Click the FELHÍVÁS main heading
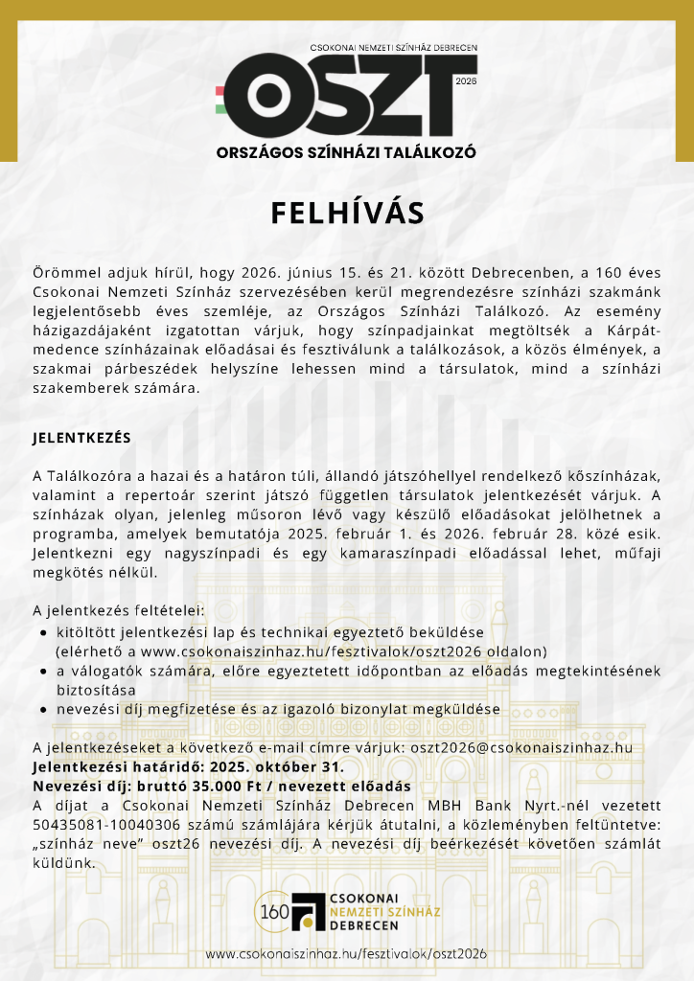[346, 212]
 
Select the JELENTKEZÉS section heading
[81, 438]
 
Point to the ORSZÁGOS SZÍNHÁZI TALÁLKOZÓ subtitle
[346, 152]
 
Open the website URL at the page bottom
[346, 954]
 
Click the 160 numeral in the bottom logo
[273, 911]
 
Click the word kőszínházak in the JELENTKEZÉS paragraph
[614, 476]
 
